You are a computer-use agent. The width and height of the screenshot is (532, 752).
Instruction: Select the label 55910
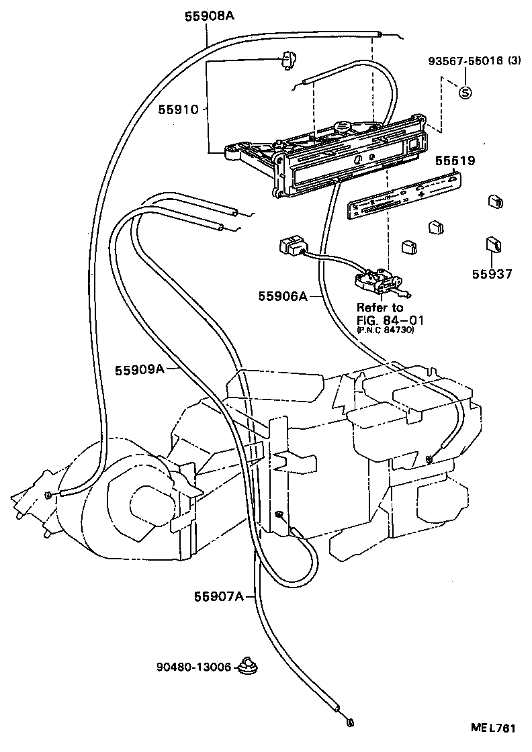pos(179,109)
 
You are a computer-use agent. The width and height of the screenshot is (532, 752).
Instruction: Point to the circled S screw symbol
pos(465,93)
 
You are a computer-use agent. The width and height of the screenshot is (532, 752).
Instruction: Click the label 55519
pos(455,161)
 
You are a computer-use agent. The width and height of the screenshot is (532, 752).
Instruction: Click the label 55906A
pos(283,295)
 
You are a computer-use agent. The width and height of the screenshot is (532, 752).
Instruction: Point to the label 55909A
pos(139,369)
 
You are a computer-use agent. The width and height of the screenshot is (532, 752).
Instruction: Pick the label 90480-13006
pos(194,667)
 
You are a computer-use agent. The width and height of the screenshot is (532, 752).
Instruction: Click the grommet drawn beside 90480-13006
pos(251,667)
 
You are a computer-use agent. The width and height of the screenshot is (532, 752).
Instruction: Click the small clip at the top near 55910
pos(290,62)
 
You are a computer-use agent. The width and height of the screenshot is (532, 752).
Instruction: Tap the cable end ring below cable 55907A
pos(350,723)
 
